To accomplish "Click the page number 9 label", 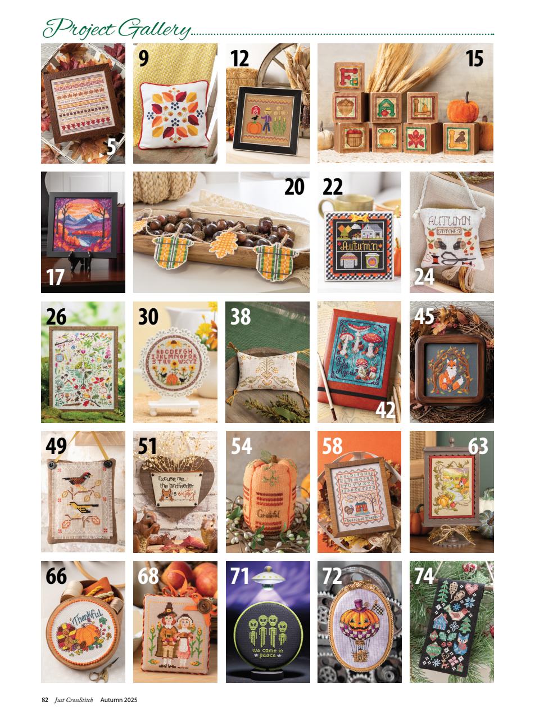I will (x=144, y=58).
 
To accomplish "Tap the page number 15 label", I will (x=474, y=58).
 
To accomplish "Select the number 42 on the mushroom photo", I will (x=385, y=409).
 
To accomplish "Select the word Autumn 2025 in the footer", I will (x=119, y=700).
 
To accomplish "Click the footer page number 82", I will (x=45, y=700).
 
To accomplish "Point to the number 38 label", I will (x=241, y=317).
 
